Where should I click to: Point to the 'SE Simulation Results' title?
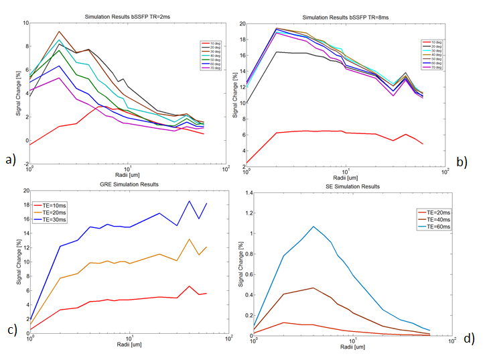click(352, 186)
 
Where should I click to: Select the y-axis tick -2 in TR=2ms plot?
click(23, 164)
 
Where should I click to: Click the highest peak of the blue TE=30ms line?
click(190, 201)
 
